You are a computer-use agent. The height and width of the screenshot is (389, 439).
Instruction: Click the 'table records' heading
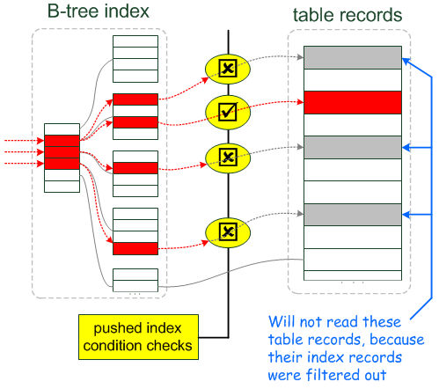(x=348, y=14)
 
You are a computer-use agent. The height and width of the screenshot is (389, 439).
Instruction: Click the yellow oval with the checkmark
(x=228, y=111)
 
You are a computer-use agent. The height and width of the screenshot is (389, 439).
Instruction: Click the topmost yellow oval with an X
(x=227, y=67)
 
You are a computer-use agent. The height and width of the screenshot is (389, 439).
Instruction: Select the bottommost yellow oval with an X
(x=227, y=231)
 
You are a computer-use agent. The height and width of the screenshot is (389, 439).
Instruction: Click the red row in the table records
(x=352, y=102)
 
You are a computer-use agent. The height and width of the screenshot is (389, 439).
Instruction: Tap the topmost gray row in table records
(x=352, y=56)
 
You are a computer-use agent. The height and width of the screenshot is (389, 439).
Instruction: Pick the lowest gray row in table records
(x=352, y=214)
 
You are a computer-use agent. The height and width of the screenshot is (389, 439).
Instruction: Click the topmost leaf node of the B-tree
(x=135, y=57)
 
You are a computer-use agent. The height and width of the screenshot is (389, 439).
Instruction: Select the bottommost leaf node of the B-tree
(x=135, y=279)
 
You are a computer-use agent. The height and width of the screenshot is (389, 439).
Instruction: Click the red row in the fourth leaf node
(x=135, y=248)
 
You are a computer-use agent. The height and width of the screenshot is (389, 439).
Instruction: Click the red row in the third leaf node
(x=135, y=166)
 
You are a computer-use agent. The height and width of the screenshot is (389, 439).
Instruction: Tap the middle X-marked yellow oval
(x=227, y=157)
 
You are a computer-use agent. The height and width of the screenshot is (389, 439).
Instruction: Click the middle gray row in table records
(x=352, y=147)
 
